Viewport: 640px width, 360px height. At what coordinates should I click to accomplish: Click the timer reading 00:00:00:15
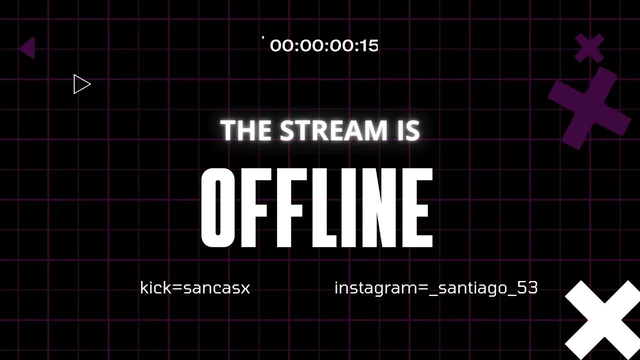tap(324, 45)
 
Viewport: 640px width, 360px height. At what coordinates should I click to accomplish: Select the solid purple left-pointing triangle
tap(27, 47)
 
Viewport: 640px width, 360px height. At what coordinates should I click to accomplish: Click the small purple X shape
tap(589, 47)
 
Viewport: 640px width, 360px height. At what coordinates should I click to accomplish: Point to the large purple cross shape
tap(588, 108)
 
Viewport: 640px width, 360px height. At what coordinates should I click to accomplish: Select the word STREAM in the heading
tap(333, 130)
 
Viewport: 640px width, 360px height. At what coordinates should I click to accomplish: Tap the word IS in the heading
tap(407, 130)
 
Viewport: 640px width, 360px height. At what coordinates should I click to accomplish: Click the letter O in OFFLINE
tap(217, 207)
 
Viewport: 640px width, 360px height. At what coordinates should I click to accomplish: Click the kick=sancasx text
tap(195, 287)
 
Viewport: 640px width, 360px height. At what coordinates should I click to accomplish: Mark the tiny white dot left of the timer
tap(263, 37)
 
